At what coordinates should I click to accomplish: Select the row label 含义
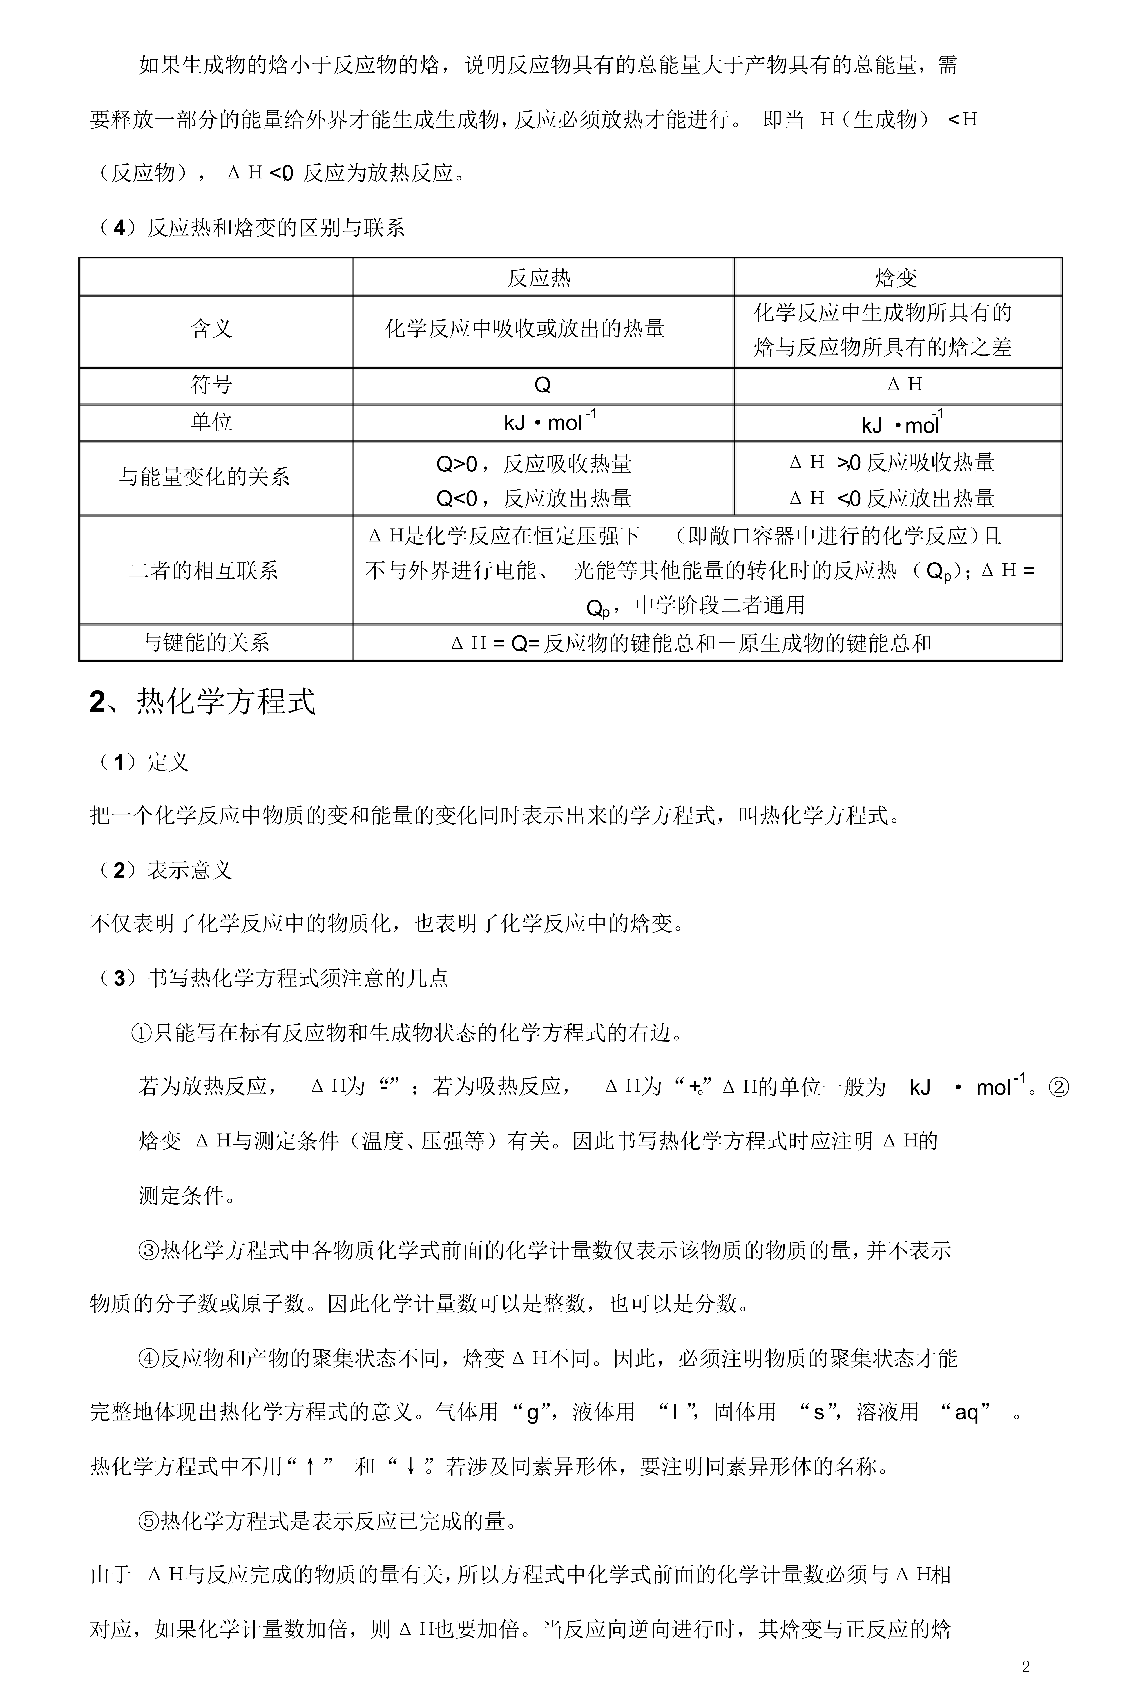coord(211,330)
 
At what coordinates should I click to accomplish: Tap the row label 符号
coord(211,385)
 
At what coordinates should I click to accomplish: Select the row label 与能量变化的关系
coord(205,477)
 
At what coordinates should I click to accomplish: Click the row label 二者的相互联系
coord(204,570)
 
